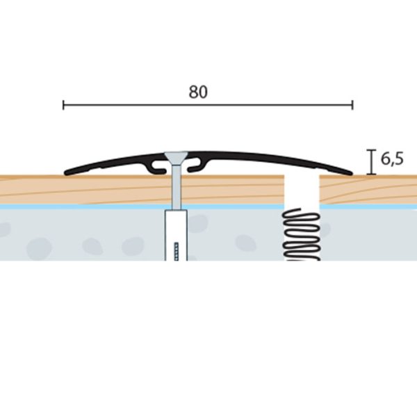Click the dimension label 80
(198, 92)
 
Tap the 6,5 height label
(392, 158)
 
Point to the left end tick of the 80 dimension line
(63, 105)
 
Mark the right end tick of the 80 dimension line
(352, 105)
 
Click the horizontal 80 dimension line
(208, 105)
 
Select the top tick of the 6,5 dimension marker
(371, 151)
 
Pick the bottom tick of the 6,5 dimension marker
(371, 174)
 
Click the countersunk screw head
(176, 158)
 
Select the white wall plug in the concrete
(176, 236)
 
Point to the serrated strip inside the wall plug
(176, 252)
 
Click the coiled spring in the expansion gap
(301, 235)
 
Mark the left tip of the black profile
(66, 173)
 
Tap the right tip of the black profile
(351, 173)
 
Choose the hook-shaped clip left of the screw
(157, 167)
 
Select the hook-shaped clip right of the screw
(197, 166)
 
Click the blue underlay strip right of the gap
(368, 206)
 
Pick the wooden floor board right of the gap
(368, 190)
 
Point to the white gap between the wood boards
(302, 191)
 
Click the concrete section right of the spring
(369, 235)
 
